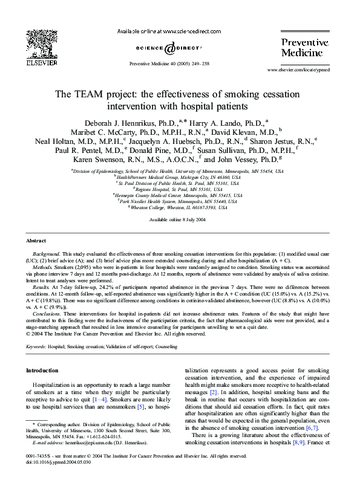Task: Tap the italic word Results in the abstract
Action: (x=42, y=287)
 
